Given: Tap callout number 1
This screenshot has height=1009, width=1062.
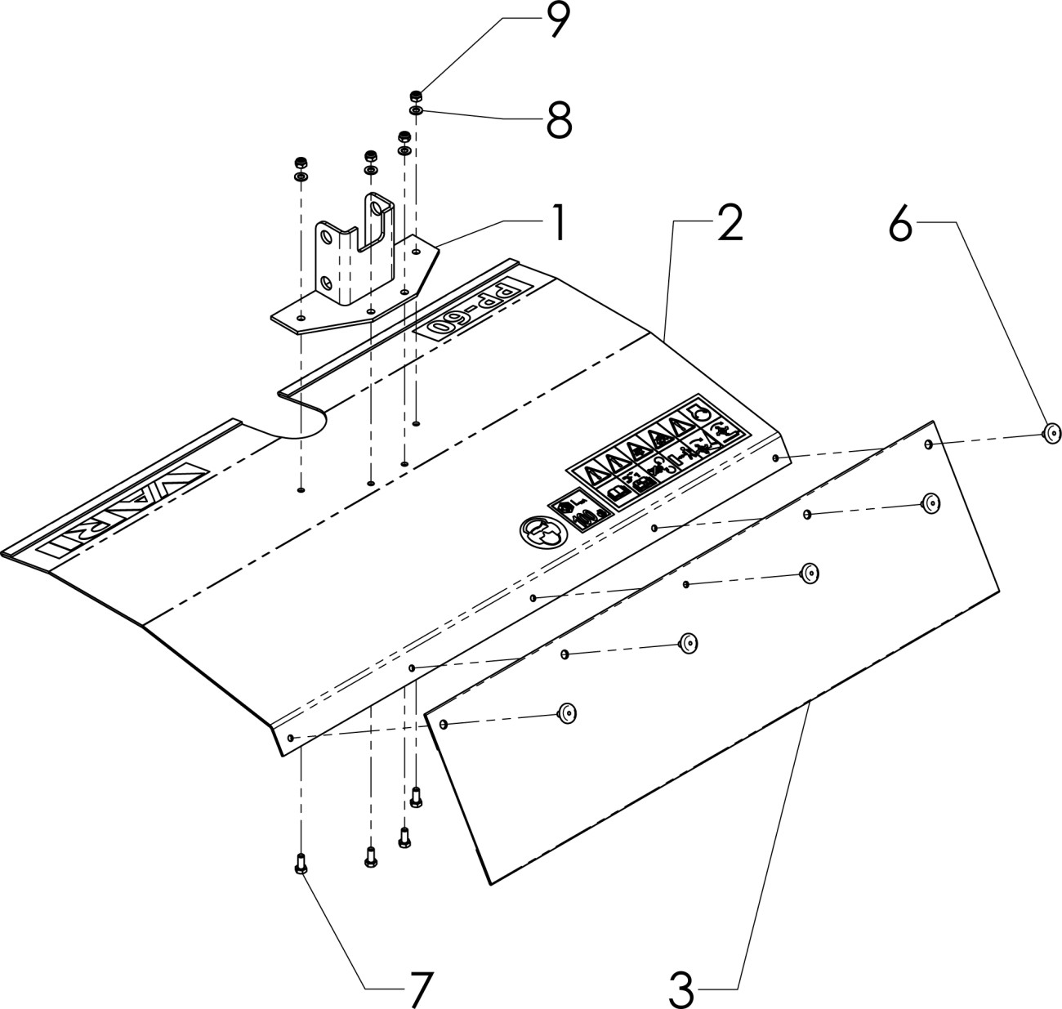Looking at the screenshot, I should pos(557,222).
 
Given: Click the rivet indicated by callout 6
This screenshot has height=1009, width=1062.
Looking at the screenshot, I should pos(1051,433).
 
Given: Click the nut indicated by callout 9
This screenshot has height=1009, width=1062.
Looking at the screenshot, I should pos(416,94).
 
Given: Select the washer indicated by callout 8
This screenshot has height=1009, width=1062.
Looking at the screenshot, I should pos(416,109).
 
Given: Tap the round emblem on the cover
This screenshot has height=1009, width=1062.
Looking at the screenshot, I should pos(540,534).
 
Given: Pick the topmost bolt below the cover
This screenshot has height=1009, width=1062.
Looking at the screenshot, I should pos(417,795).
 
